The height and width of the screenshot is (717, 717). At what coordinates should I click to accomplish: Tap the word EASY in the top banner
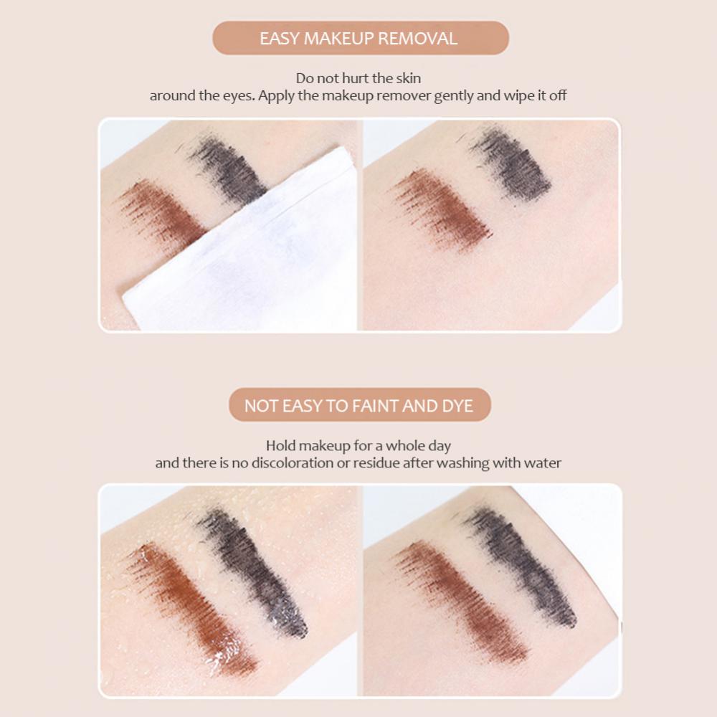point(279,38)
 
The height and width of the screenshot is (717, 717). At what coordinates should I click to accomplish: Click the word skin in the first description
point(406,78)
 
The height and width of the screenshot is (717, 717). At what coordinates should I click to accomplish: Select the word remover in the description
point(402,95)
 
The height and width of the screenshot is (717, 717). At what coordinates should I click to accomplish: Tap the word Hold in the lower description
point(280,446)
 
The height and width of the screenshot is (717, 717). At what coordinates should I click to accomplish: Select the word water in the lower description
point(542,463)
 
